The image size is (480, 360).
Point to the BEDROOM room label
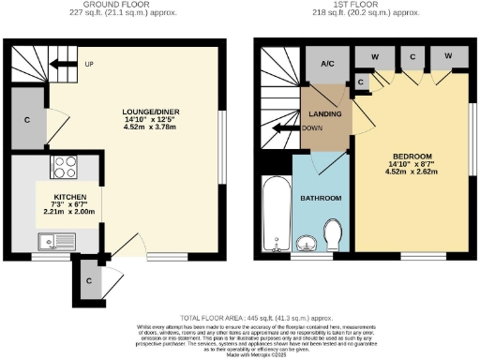(412, 156)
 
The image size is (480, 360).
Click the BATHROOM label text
(321, 199)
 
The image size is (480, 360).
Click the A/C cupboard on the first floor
(328, 64)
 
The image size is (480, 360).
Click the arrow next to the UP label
(63, 65)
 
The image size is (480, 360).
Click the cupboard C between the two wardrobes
(412, 56)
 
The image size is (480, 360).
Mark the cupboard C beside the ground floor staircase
(28, 121)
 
